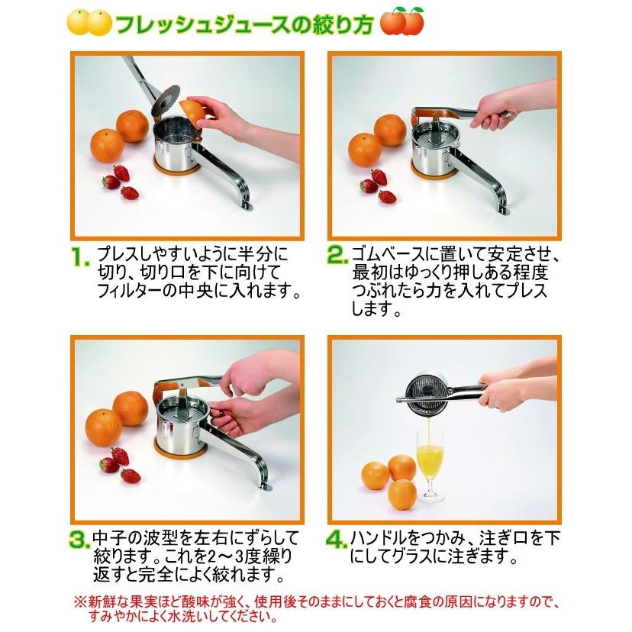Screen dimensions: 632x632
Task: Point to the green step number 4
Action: [x=338, y=540]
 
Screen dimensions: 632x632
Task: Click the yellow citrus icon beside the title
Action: [x=89, y=23]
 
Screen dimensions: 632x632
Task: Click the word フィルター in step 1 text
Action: [x=126, y=292]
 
